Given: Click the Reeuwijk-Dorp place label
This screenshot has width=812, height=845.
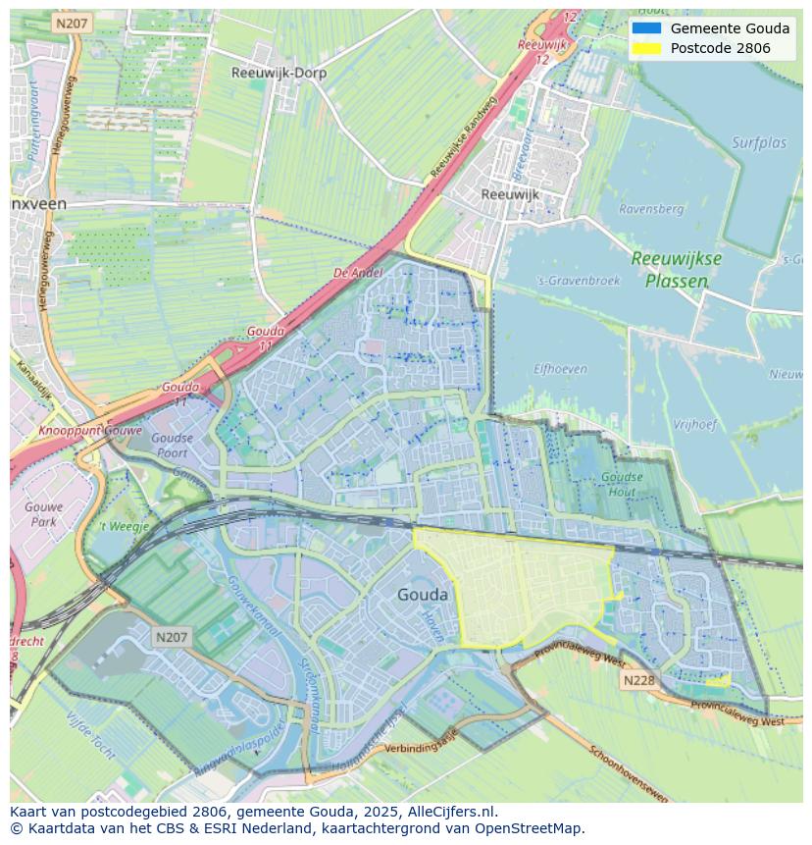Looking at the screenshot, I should pyautogui.click(x=279, y=73).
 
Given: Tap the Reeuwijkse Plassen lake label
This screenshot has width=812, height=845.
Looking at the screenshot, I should pyautogui.click(x=677, y=269).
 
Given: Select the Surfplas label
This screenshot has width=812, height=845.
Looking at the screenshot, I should pyautogui.click(x=759, y=143).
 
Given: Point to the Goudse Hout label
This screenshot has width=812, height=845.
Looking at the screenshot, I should pyautogui.click(x=622, y=484).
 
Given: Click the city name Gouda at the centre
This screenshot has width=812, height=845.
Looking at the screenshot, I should pyautogui.click(x=423, y=595).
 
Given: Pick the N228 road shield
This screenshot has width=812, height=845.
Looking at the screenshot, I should pyautogui.click(x=636, y=679).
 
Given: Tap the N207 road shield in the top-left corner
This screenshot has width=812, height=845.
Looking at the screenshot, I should pyautogui.click(x=72, y=24).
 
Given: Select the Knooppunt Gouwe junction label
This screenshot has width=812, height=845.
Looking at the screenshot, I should pyautogui.click(x=91, y=431).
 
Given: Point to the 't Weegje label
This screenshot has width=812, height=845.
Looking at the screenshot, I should pyautogui.click(x=124, y=527).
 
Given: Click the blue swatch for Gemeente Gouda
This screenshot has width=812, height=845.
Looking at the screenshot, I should pyautogui.click(x=647, y=28).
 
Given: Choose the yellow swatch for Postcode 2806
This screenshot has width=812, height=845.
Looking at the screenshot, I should pyautogui.click(x=647, y=48).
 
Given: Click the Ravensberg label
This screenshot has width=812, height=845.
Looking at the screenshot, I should pyautogui.click(x=651, y=209).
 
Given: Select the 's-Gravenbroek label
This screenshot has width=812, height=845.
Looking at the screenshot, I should pyautogui.click(x=579, y=281).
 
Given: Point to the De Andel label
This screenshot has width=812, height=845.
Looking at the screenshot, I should pyautogui.click(x=357, y=273).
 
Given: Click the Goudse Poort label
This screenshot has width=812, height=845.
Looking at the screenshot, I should pyautogui.click(x=173, y=446).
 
